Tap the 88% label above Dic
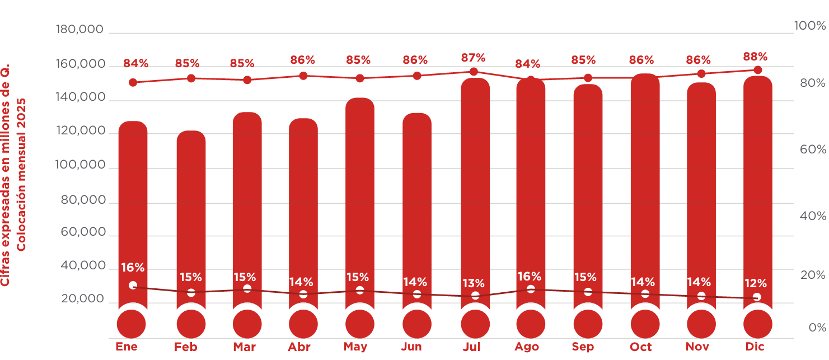755,57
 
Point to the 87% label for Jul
473,58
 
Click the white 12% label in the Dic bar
756,283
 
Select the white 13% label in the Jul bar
473,283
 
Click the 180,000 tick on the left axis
80,29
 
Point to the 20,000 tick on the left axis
83,299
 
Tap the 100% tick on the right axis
809,26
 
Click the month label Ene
127,347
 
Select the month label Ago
527,347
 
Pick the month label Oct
640,347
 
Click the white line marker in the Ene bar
133,285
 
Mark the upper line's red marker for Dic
758,70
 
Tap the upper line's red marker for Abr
303,76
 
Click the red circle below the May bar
360,324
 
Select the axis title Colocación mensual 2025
21,175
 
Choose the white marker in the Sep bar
588,292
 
